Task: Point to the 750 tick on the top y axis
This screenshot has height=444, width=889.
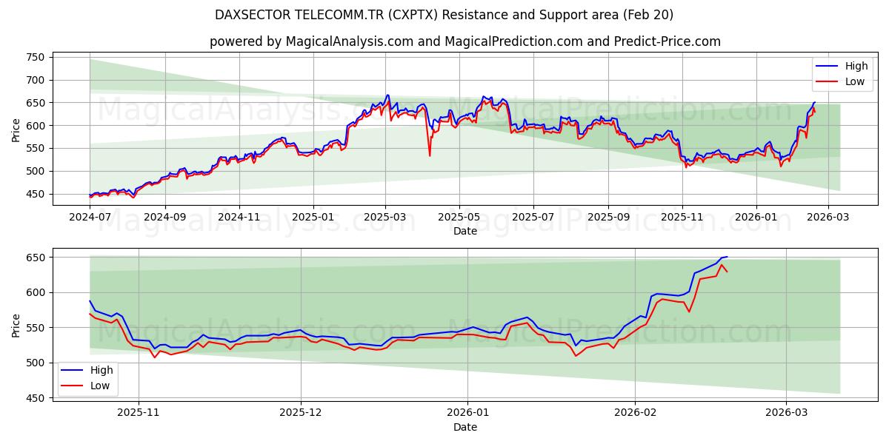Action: [x=35, y=57]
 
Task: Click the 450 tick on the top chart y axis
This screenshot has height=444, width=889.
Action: [x=35, y=194]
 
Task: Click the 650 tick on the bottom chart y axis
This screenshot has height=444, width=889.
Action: [x=35, y=258]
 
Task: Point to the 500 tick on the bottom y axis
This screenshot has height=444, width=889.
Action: [x=35, y=363]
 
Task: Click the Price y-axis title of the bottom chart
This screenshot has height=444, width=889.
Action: [x=16, y=325]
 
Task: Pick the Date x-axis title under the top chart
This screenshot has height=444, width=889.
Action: [x=465, y=232]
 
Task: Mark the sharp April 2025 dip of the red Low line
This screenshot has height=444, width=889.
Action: [x=430, y=155]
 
